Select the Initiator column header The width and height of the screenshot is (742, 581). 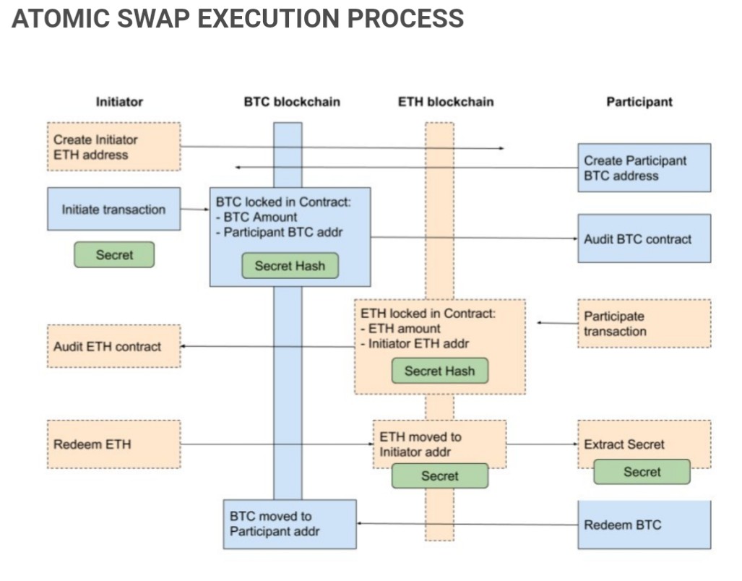pos(119,102)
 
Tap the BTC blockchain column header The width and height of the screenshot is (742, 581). pos(291,102)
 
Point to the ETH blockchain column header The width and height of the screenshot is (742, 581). pos(446,102)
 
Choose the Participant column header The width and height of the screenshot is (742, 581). pos(639,102)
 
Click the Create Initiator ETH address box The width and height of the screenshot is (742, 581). pos(113,147)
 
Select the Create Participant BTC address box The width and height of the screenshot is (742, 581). pos(644,168)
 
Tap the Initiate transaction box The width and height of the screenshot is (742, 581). pos(113,210)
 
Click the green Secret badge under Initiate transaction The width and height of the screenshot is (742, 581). pos(114,254)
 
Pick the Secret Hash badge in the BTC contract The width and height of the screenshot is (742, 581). pos(290,266)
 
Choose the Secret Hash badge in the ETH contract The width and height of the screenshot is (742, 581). pos(439,371)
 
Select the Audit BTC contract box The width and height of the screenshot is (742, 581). pos(644,238)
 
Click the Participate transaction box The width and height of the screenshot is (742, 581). pos(644,324)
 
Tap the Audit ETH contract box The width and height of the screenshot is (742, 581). pos(113,346)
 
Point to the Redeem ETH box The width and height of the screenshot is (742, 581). pos(113,444)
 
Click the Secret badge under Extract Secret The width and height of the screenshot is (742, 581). pos(642,472)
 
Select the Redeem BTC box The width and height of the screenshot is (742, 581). pos(644,525)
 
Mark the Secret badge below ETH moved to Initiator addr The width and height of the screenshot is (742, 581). pos(439,475)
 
